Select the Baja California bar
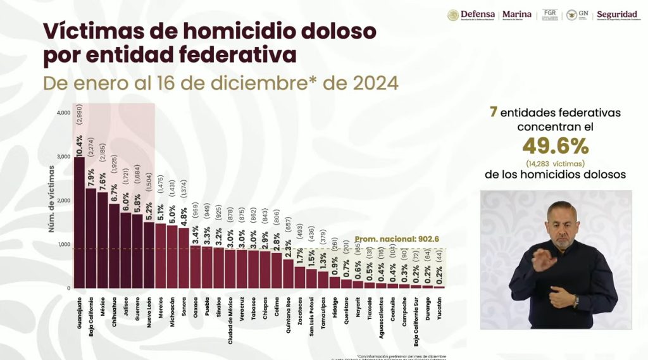pos(91,238)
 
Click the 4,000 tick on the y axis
pos(63,113)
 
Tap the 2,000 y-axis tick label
pos(63,201)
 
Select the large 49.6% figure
pos(555,146)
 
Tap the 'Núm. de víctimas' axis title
pos(52,199)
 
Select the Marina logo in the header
pos(516,15)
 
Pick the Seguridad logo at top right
pos(616,15)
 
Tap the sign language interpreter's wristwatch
pos(575,301)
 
